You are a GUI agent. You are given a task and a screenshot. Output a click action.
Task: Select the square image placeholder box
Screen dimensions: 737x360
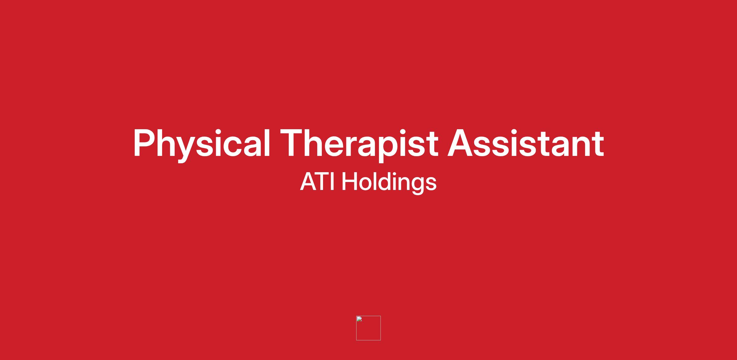pos(368,328)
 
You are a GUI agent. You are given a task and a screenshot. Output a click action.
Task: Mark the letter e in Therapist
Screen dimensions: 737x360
pos(335,147)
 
